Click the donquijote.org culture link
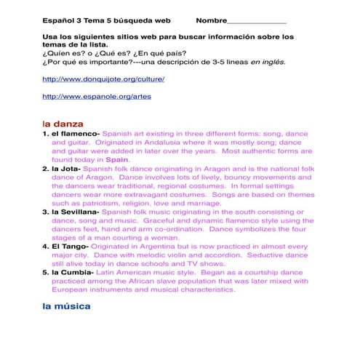click(103, 79)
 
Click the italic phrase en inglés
click(268, 62)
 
